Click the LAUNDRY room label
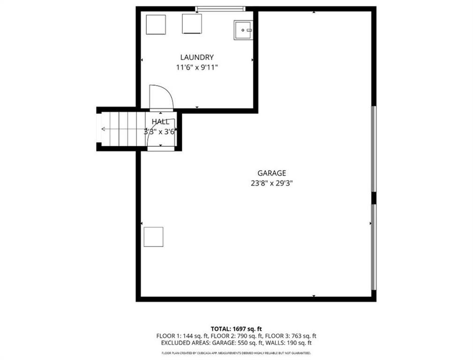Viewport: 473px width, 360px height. (x=197, y=57)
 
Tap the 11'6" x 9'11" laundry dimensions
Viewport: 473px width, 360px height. (x=197, y=67)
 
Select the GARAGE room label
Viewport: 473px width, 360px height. (x=271, y=173)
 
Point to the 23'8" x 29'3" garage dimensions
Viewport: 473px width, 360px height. (x=271, y=183)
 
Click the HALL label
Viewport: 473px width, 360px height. (x=160, y=122)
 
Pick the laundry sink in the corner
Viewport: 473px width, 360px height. (x=243, y=30)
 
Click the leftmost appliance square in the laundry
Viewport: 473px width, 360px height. (x=156, y=24)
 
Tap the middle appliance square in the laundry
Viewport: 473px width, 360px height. (x=192, y=24)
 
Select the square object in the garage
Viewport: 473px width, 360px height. (x=153, y=237)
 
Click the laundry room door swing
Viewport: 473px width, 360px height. (x=160, y=97)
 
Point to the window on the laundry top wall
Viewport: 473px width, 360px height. (x=220, y=8)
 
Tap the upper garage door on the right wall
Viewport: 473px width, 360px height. (x=374, y=149)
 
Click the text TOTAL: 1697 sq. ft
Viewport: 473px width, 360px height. (x=236, y=329)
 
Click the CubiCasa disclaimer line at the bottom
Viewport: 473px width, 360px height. (x=236, y=352)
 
